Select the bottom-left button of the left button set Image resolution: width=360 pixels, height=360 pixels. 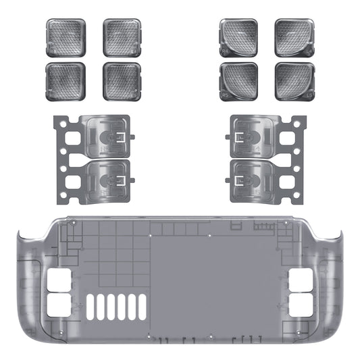(66, 82)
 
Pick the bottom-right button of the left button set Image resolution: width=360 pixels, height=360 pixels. (122, 82)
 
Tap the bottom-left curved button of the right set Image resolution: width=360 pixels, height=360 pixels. (238, 81)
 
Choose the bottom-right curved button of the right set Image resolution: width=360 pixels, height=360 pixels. (293, 81)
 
